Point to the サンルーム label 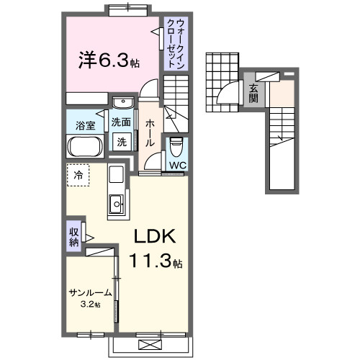pos(90,293)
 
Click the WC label pos(176,165)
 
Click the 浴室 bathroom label pos(86,126)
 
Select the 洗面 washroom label pos(121,122)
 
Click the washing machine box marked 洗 pos(122,142)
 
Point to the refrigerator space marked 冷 pos(78,174)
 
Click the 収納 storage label pos(74,237)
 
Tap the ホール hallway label pos(150,133)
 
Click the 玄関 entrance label pos(253,94)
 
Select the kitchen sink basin pos(116,207)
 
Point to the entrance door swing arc pos(225,94)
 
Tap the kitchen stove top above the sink pos(116,175)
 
